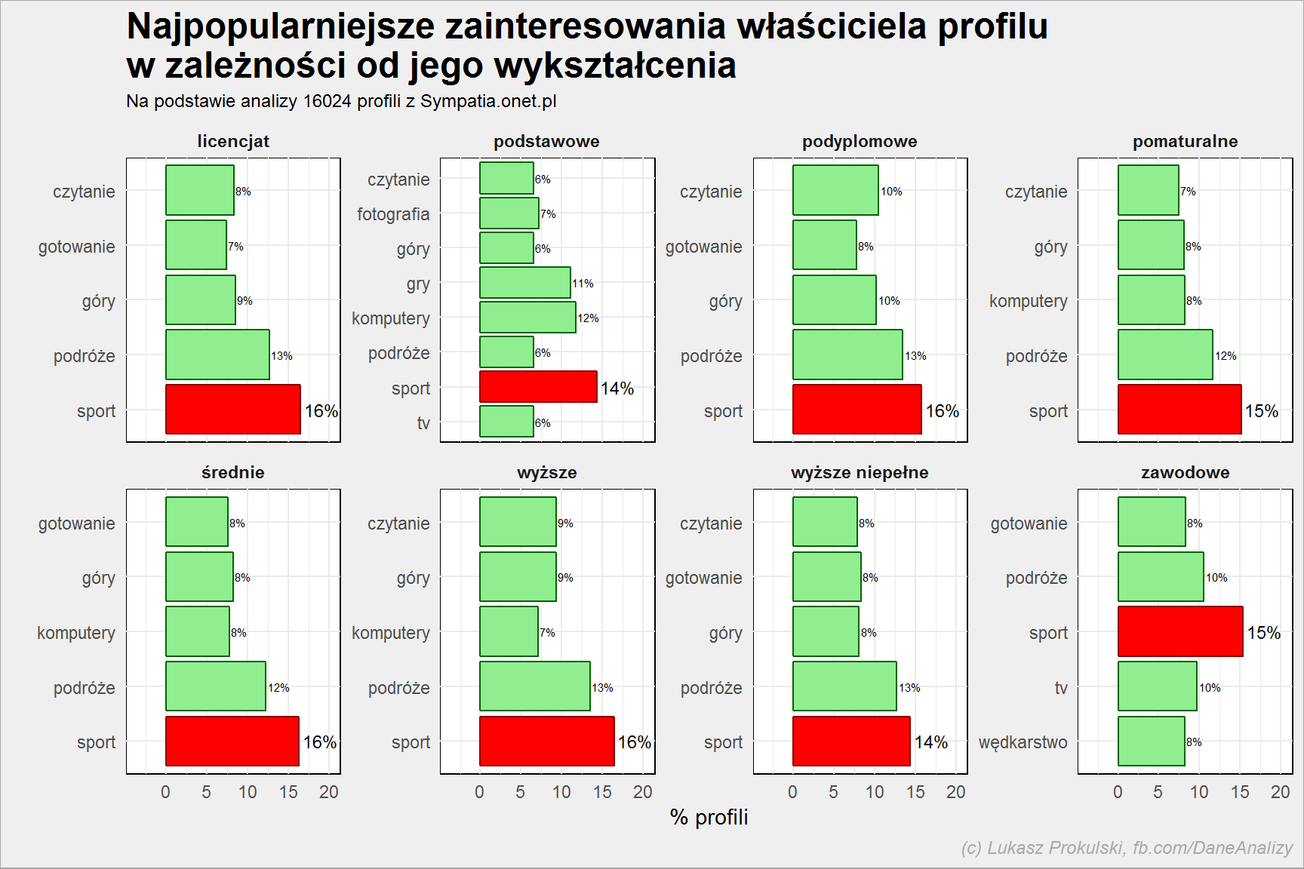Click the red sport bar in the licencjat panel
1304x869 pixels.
[x=233, y=410]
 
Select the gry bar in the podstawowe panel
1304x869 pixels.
[x=525, y=283]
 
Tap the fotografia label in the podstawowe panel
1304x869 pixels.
[x=393, y=214]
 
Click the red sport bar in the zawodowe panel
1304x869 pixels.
[x=1180, y=631]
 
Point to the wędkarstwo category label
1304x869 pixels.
[x=1023, y=742]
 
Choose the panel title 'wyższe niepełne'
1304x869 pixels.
[x=860, y=472]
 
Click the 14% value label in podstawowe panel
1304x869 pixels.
[x=617, y=388]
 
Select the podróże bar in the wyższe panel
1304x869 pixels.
[x=535, y=686]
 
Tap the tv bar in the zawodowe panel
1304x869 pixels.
[x=1158, y=686]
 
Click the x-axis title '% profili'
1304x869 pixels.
[x=709, y=818]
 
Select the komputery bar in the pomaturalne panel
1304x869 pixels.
[x=1152, y=300]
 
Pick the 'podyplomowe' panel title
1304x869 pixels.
[x=860, y=141]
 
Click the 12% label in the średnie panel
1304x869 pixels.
[x=278, y=688]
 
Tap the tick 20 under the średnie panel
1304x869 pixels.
[x=329, y=792]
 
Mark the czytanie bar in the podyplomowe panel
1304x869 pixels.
[x=835, y=190]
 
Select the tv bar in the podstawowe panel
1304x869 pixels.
[x=507, y=422]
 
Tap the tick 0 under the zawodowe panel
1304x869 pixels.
[x=1118, y=792]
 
